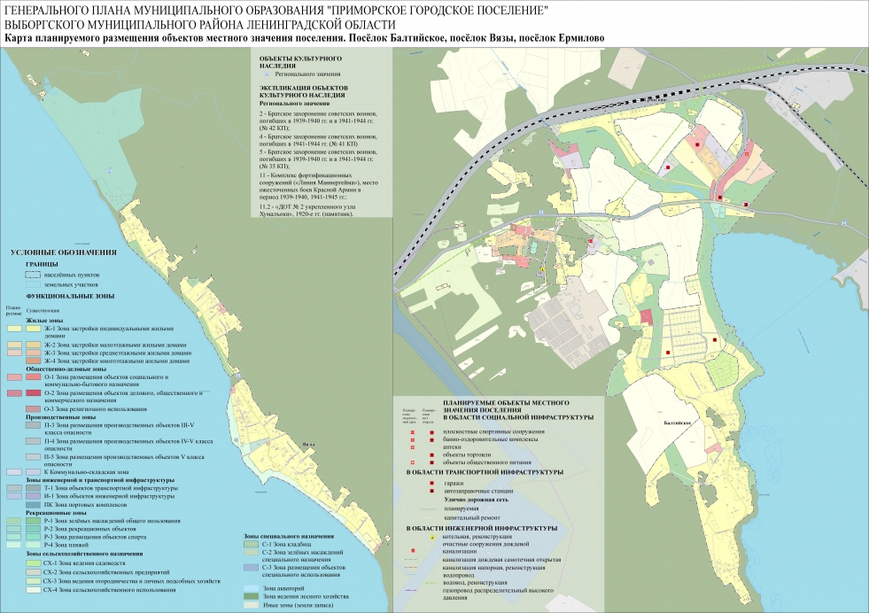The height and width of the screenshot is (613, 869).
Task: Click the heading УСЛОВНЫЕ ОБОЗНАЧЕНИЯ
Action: [58, 254]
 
